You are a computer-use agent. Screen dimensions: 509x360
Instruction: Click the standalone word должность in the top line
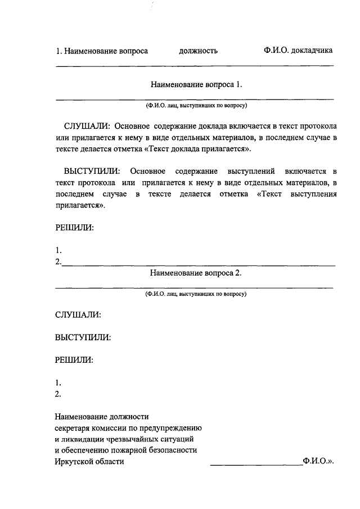pyautogui.click(x=198, y=51)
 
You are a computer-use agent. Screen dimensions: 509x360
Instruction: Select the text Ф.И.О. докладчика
pyautogui.click(x=298, y=50)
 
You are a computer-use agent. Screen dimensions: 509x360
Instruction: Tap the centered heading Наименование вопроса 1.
pyautogui.click(x=196, y=84)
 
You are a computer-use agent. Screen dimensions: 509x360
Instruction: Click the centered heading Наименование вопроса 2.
pyautogui.click(x=196, y=273)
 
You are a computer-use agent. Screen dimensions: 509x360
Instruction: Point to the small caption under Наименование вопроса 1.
pyautogui.click(x=196, y=105)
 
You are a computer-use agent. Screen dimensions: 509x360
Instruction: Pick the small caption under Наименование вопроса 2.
pyautogui.click(x=196, y=294)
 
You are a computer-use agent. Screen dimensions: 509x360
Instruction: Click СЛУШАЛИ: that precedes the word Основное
pyautogui.click(x=87, y=125)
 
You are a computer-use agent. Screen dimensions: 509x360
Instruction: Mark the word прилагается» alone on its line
pyautogui.click(x=80, y=206)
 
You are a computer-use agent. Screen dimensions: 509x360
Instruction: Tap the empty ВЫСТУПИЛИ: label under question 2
pyautogui.click(x=82, y=337)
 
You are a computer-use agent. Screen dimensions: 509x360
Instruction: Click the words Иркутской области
pyautogui.click(x=89, y=462)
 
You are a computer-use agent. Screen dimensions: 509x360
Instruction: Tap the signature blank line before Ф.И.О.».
pyautogui.click(x=256, y=465)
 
